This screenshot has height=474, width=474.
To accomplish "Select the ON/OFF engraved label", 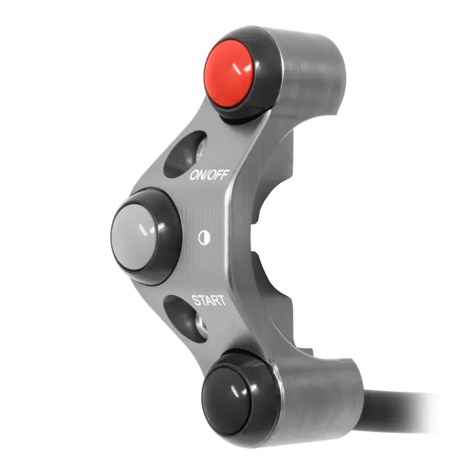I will point(209,174).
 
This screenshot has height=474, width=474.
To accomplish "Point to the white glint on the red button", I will point(244,69).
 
